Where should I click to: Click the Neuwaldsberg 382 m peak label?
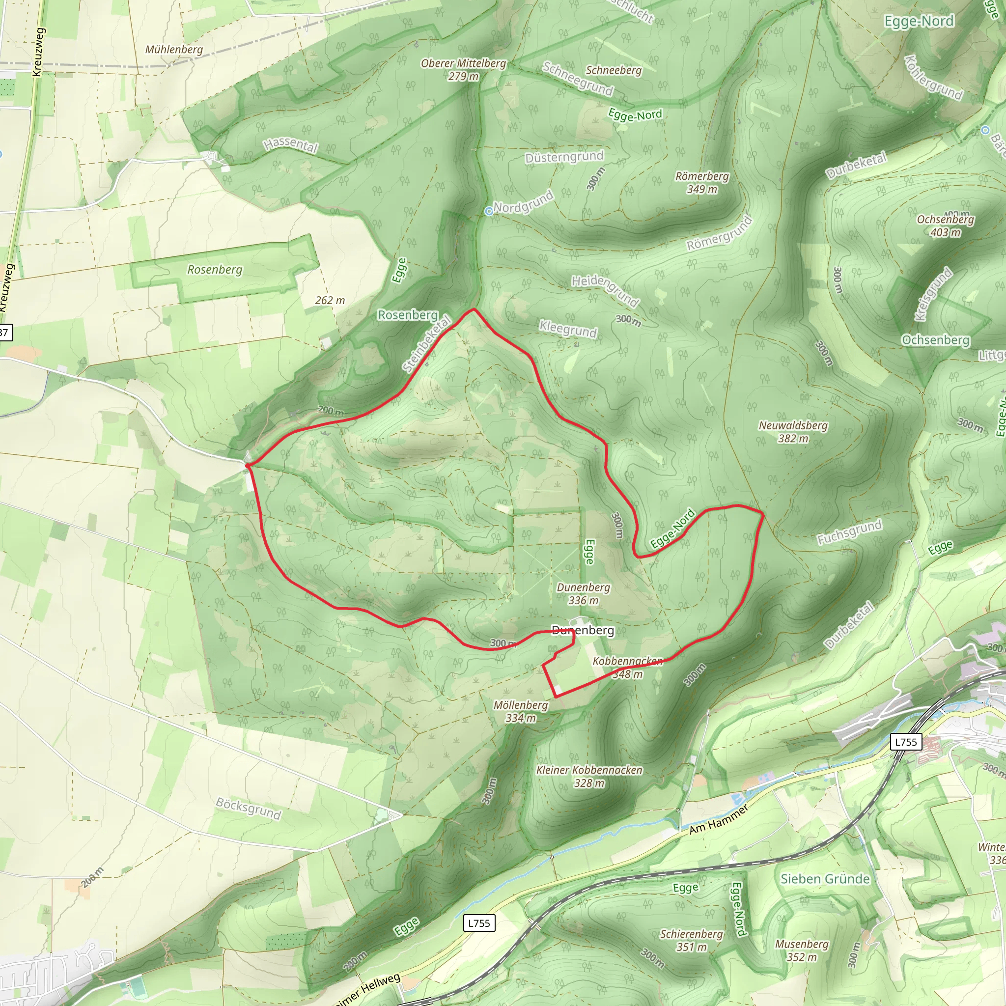793,432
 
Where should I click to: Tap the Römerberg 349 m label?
702,183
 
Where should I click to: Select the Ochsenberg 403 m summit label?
945,225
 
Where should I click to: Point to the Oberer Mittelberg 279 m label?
463,69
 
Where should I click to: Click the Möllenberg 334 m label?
521,711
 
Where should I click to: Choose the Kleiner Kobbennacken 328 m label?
589,777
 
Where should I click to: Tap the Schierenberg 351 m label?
692,940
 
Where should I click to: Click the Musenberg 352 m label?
801,950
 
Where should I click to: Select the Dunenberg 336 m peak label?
583,593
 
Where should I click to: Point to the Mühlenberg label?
174,50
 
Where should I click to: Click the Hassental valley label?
291,144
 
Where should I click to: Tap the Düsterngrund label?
564,157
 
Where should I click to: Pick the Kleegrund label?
567,329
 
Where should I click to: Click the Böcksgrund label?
249,808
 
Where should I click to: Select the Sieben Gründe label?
825,879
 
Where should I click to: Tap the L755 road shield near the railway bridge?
905,741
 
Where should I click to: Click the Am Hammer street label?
719,819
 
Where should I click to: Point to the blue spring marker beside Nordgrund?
488,211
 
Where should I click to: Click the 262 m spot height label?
330,301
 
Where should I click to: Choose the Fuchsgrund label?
849,531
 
